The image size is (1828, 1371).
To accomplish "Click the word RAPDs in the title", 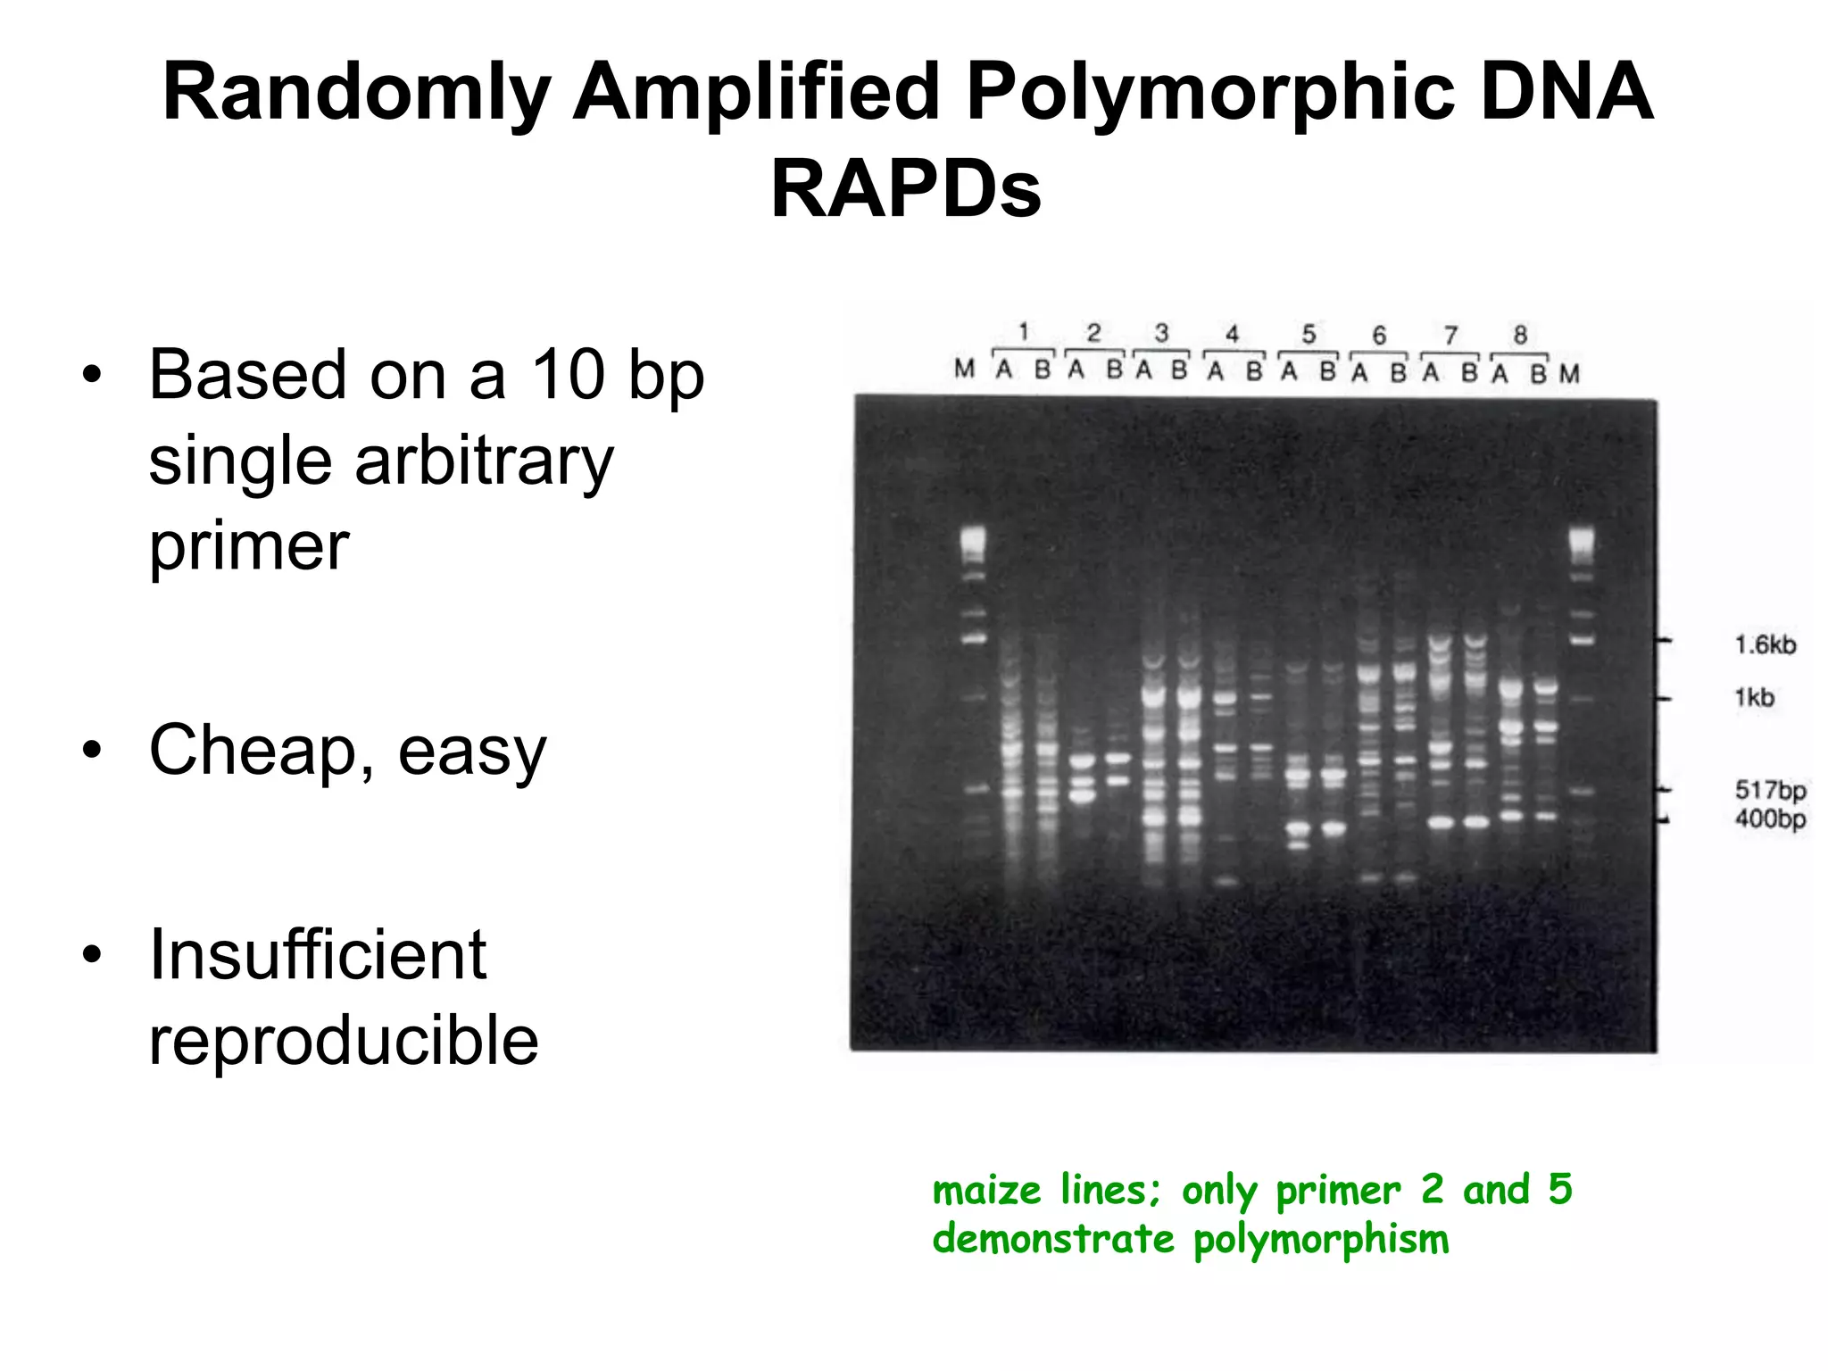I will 905,189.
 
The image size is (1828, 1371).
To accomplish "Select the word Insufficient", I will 318,955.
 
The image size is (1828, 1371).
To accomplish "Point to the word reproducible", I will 344,1041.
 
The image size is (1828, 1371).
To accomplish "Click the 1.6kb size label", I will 1765,644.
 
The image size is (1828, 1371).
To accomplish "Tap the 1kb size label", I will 1754,697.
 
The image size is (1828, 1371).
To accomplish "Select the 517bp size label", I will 1770,790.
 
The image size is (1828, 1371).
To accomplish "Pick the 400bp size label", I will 1770,818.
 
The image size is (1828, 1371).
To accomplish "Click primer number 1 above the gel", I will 1024,332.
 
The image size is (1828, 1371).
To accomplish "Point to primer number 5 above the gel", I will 1309,334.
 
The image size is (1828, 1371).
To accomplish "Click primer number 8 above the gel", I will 1520,335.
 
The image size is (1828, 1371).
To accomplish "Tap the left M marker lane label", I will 964,369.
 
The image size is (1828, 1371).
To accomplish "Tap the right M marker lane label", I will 1569,374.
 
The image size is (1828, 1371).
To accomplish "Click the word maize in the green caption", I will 986,1191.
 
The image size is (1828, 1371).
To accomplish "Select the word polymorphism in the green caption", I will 1320,1240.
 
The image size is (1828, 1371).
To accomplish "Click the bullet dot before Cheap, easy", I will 92,752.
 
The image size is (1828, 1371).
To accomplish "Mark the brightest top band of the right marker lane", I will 1581,538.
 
